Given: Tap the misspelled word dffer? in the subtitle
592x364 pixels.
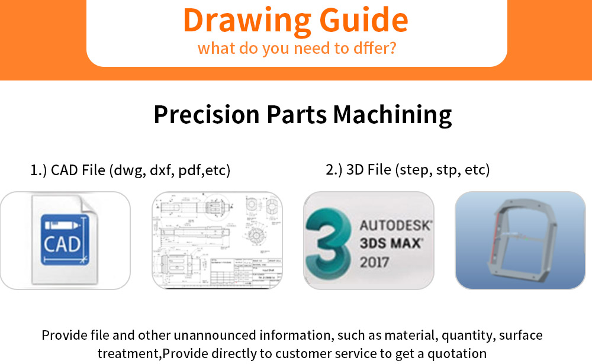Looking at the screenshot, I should click(x=373, y=48).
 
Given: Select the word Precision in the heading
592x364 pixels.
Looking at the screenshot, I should click(x=205, y=114).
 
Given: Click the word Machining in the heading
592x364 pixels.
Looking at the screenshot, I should click(x=392, y=114).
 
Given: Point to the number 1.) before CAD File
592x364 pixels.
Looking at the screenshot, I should click(x=38, y=170).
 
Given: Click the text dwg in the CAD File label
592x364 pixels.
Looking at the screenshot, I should click(x=127, y=170).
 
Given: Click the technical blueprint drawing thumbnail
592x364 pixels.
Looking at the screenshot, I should click(x=217, y=240).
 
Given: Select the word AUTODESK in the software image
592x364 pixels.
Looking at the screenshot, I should click(x=395, y=226).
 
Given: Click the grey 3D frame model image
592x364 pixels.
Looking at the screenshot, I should click(x=520, y=240).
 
